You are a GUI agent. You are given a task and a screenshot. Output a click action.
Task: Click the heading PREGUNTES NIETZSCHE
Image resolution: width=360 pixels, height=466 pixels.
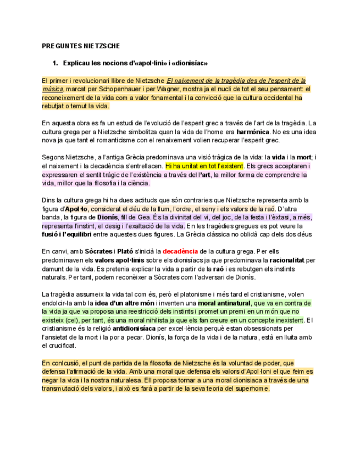pyautogui.click(x=80, y=46)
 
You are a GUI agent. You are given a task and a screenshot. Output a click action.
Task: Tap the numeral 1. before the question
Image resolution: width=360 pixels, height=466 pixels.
pyautogui.click(x=55, y=63)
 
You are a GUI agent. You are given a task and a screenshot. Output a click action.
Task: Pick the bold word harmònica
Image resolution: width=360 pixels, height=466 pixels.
pyautogui.click(x=253, y=132)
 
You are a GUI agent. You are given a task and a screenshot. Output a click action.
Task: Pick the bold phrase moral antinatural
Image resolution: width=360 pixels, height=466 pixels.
pyautogui.click(x=224, y=303)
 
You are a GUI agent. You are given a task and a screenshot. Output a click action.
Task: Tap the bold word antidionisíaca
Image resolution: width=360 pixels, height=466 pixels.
pyautogui.click(x=134, y=329)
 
